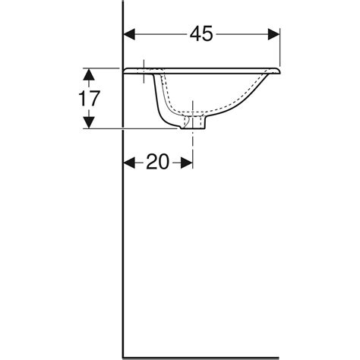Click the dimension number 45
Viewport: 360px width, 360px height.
pos(201,34)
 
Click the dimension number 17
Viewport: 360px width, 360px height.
pos(89,99)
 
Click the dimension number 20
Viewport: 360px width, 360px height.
pos(157,162)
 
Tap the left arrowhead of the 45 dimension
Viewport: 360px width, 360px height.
pos(129,34)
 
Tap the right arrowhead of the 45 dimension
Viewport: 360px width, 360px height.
pos(274,34)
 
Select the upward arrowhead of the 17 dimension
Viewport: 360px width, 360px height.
pos(89,74)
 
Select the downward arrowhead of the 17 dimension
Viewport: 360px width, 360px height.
pos(89,122)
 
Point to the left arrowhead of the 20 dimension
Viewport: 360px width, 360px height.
pos(129,163)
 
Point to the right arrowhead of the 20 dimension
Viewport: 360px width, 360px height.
pos(187,163)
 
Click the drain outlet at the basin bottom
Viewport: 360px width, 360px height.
pos(193,122)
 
